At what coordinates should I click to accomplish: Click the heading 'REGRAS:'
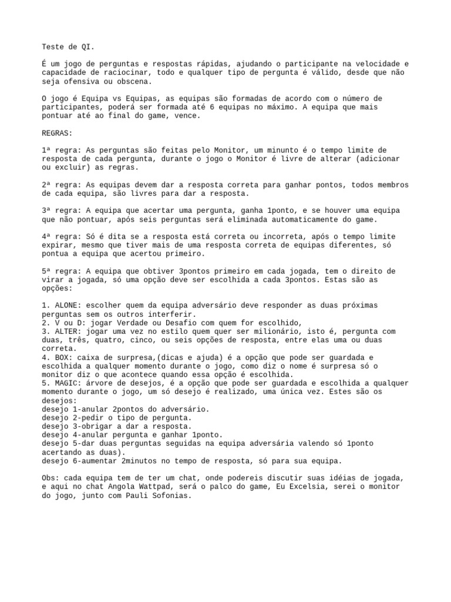tap(57, 133)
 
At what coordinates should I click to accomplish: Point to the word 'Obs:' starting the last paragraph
tap(50, 478)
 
